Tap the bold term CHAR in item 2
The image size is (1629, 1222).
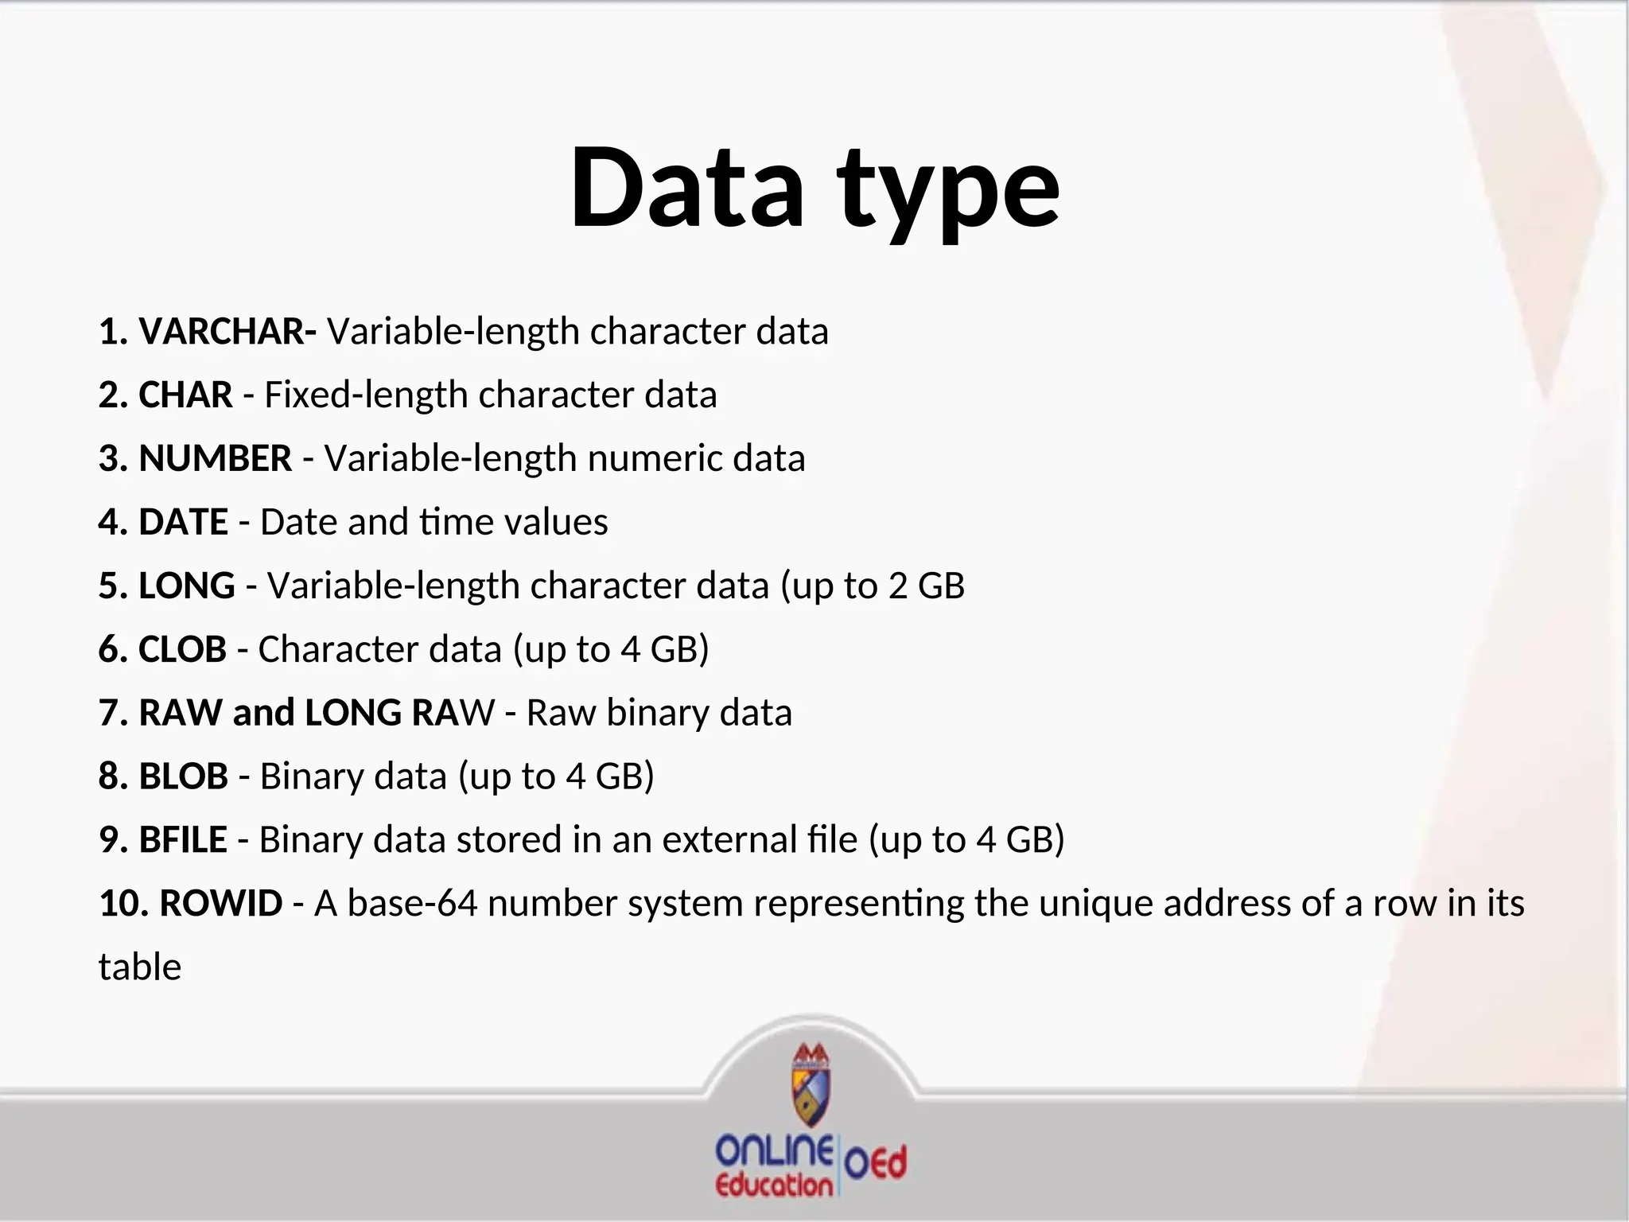(x=185, y=395)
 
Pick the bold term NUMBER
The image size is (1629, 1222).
(x=216, y=458)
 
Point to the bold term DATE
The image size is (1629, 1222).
(x=184, y=522)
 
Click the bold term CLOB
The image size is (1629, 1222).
(x=182, y=649)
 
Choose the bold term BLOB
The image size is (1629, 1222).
(x=184, y=776)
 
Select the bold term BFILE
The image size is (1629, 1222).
(x=183, y=840)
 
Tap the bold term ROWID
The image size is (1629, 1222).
(x=221, y=904)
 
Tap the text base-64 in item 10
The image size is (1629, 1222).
(x=412, y=904)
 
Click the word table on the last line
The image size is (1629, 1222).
(x=140, y=967)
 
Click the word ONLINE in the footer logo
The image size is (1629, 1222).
(x=774, y=1150)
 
